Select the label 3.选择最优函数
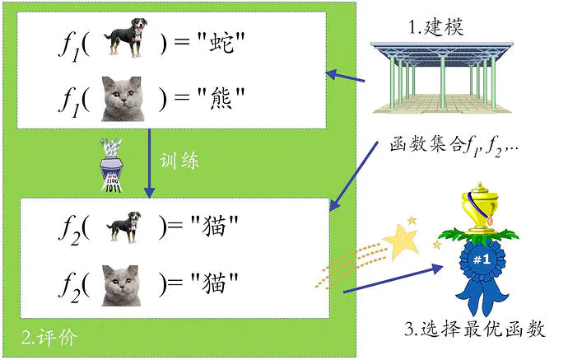[475, 330]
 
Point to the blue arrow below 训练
[148, 165]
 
